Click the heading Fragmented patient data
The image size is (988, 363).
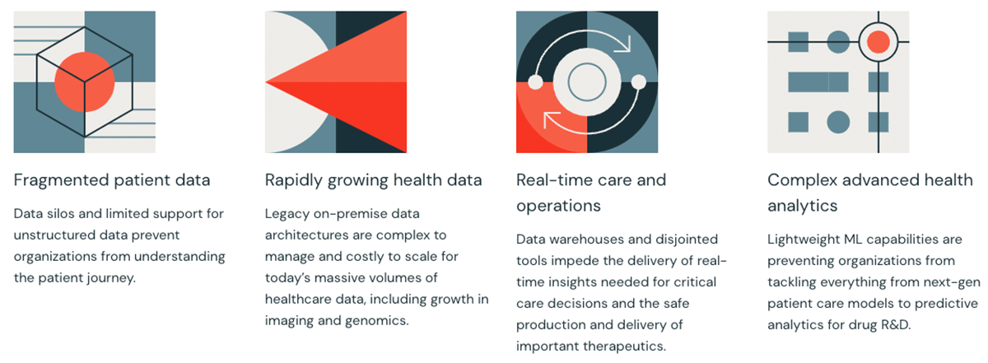(112, 180)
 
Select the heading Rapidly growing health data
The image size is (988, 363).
(373, 180)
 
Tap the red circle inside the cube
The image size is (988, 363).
(85, 82)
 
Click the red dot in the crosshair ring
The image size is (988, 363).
(878, 42)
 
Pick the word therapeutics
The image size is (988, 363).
(625, 347)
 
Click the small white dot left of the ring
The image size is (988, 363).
(535, 82)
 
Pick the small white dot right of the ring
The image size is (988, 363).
(638, 82)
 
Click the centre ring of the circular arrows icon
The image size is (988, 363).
(587, 63)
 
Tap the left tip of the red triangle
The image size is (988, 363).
(265, 82)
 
